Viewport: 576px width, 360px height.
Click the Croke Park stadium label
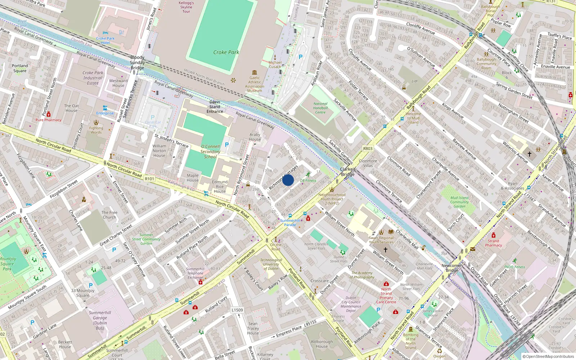[x=226, y=52]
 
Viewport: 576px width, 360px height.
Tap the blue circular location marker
[x=288, y=180]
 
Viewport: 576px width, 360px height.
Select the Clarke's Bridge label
[x=347, y=172]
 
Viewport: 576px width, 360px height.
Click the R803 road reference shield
[x=368, y=148]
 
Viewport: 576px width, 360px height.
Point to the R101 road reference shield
[x=149, y=179]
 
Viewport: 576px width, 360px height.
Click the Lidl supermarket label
[x=415, y=81]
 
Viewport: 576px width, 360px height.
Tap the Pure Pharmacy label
[x=48, y=120]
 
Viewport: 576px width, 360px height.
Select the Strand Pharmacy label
[x=493, y=243]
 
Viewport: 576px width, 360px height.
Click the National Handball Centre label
[x=320, y=108]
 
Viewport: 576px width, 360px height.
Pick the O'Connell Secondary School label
[x=210, y=152]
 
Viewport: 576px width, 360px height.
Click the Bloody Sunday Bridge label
[x=137, y=62]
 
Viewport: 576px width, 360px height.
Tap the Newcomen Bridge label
[x=452, y=268]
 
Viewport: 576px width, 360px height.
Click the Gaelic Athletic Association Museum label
[x=255, y=84]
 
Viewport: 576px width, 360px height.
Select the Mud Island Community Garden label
[x=459, y=202]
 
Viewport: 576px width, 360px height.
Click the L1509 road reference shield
[x=237, y=310]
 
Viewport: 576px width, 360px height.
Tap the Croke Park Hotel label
[x=105, y=40]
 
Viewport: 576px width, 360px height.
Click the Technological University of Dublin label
[x=271, y=264]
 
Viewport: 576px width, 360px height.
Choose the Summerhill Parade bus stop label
[x=290, y=222]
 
